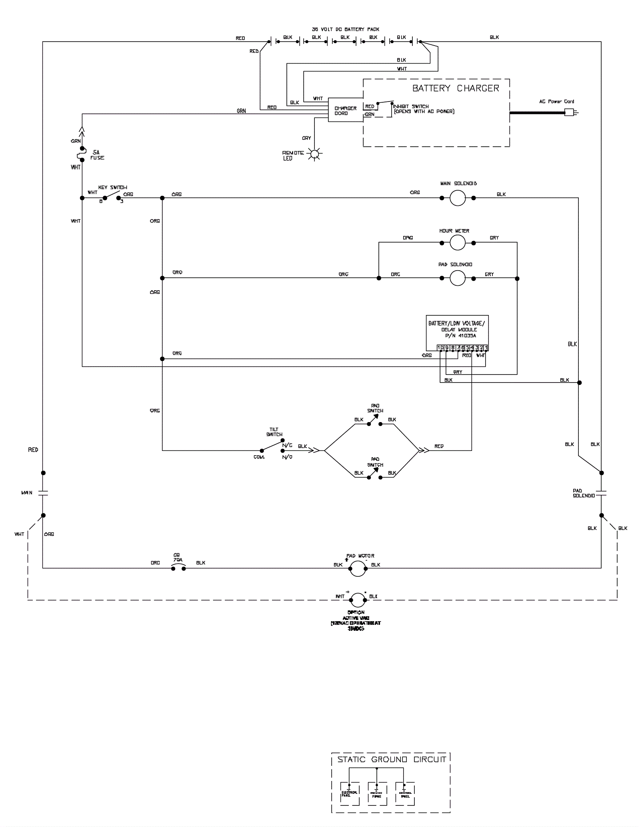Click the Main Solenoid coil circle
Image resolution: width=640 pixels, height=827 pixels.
coord(458,198)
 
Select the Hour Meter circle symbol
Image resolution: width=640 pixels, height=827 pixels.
coord(458,243)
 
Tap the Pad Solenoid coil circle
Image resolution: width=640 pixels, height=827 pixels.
coord(458,278)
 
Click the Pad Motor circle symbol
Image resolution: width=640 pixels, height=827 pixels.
coord(358,568)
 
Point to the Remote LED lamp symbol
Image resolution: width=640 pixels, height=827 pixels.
coord(315,154)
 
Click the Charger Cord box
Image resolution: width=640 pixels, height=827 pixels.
coord(346,110)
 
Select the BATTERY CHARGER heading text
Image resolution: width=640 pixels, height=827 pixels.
coord(456,88)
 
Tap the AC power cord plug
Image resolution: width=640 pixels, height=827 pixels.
coord(570,113)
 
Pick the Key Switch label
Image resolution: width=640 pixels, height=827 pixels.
coord(113,187)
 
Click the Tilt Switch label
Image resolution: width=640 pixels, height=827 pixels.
coord(274,432)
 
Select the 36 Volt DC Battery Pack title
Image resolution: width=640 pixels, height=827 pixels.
coord(346,29)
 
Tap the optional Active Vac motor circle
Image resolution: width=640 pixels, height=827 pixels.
coord(358,599)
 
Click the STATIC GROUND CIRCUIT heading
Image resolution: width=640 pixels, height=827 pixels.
coord(392,759)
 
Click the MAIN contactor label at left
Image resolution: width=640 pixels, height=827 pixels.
coord(27,493)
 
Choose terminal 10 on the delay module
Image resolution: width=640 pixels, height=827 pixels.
coord(440,347)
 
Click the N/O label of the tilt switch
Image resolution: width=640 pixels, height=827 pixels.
coord(287,457)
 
